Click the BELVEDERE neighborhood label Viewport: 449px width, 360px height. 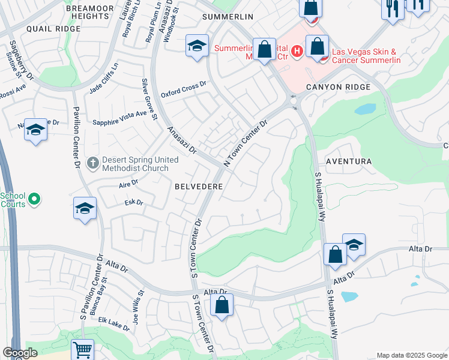(199, 187)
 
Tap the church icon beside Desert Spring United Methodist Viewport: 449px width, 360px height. (92, 162)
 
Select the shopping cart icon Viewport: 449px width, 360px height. (82, 349)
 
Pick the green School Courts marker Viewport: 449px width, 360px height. (34, 198)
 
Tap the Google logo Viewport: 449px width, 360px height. (20, 353)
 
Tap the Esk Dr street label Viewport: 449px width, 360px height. (134, 203)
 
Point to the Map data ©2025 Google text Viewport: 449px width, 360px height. (411, 355)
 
